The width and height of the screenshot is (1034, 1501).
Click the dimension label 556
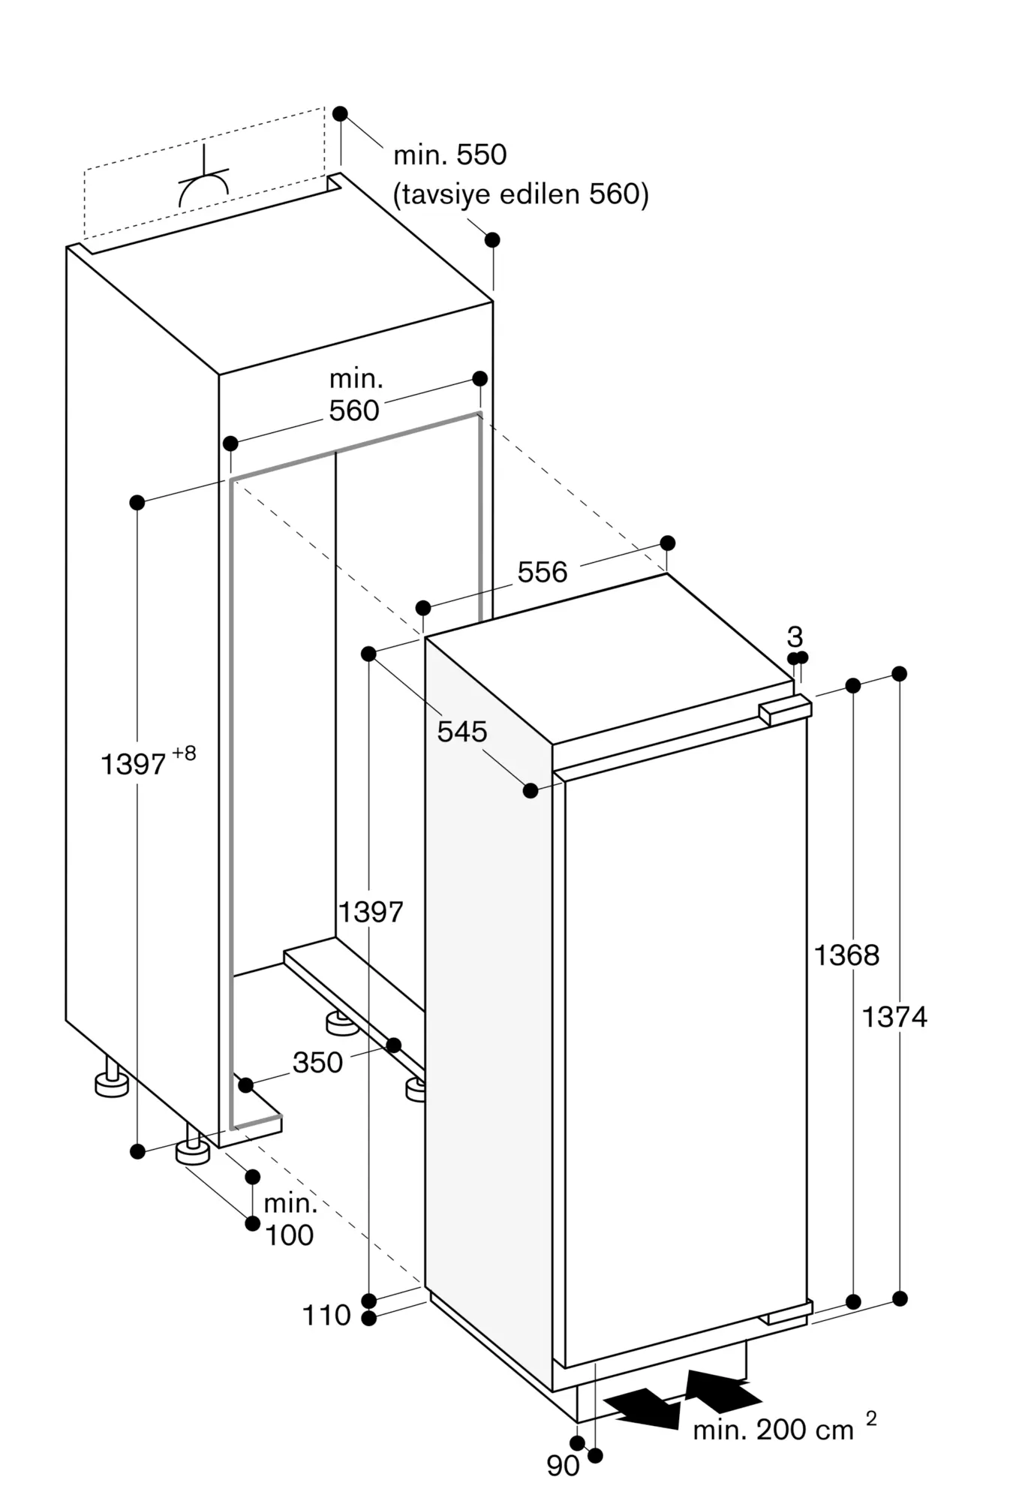point(543,573)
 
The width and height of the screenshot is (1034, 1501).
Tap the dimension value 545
point(462,731)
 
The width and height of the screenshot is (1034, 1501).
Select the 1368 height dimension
point(846,955)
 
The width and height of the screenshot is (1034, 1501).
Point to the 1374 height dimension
point(894,1017)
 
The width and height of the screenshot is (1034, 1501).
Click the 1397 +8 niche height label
point(148,761)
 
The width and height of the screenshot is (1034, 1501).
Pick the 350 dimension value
point(317,1063)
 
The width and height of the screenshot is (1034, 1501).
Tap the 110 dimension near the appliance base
point(326,1315)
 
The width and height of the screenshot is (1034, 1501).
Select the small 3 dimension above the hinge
point(795,637)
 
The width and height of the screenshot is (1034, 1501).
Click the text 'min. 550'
point(450,155)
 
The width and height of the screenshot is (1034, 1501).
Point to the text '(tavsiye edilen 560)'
point(521,194)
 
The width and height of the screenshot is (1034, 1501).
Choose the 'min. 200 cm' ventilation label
point(774,1430)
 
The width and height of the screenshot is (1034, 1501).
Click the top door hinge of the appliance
point(785,709)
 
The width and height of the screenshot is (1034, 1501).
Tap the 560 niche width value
point(354,411)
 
